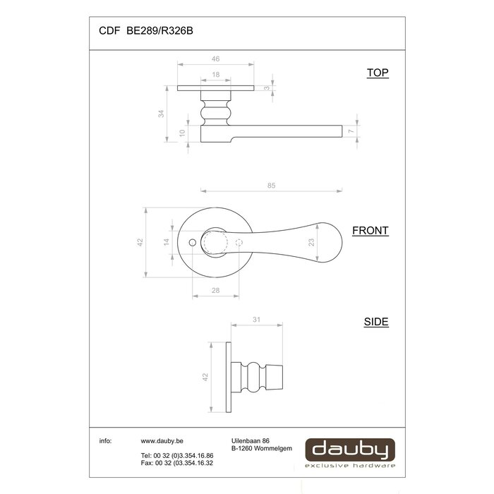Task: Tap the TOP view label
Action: click(378, 73)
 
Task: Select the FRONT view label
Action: click(370, 231)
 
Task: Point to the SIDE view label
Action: click(376, 322)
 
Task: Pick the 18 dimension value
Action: click(215, 74)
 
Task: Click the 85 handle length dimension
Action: click(272, 185)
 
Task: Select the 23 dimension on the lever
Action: click(311, 242)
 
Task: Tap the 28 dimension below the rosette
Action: click(215, 291)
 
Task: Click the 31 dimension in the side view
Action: click(258, 320)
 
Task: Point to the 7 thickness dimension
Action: click(350, 132)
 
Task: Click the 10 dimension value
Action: click(182, 133)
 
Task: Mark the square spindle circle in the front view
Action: click(215, 242)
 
